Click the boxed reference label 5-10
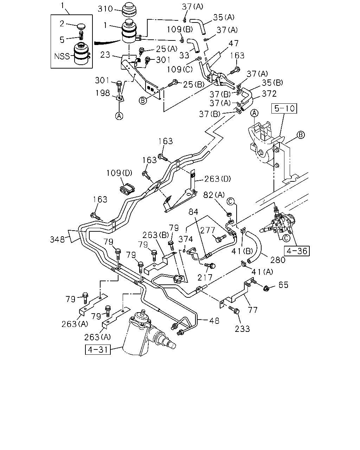284,108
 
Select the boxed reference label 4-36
297,251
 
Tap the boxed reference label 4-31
98,349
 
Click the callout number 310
105,9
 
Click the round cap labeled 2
81,27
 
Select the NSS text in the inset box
62,56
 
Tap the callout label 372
269,94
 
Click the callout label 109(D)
120,173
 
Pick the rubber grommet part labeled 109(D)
127,188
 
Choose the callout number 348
57,239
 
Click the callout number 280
278,260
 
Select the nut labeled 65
266,289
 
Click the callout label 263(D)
218,179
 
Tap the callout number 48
214,321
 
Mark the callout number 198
103,93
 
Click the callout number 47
234,43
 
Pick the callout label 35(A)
224,17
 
